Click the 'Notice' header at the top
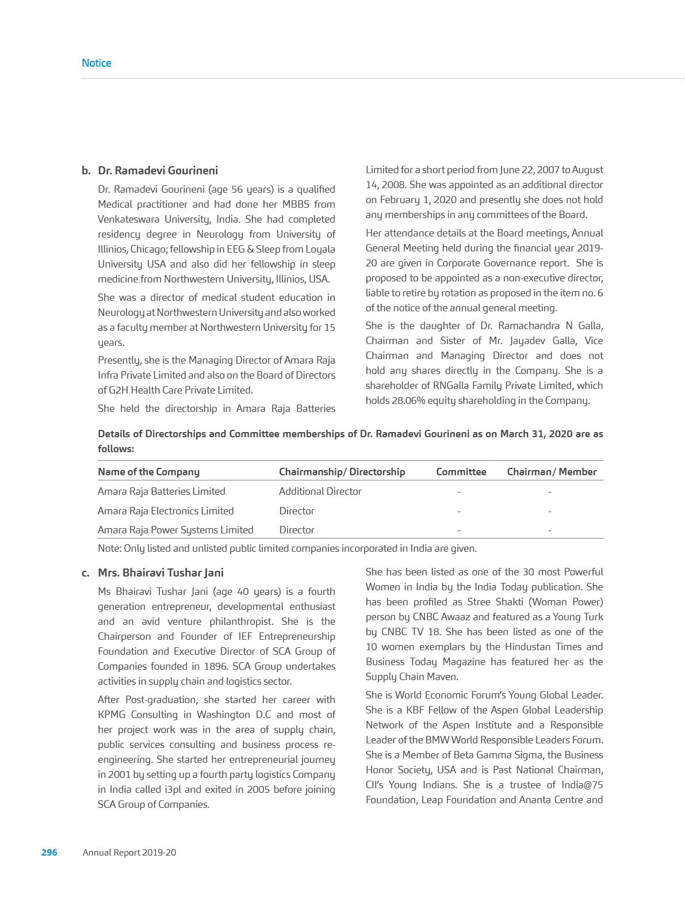pyautogui.click(x=97, y=63)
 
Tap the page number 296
pyautogui.click(x=49, y=852)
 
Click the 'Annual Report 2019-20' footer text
pyautogui.click(x=129, y=852)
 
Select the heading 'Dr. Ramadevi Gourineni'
pyautogui.click(x=158, y=171)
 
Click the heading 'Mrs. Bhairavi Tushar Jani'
pyautogui.click(x=160, y=572)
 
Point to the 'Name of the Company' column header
pyautogui.click(x=148, y=472)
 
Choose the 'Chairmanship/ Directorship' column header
pyautogui.click(x=342, y=472)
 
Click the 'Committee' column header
pyautogui.click(x=461, y=472)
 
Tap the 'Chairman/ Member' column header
pyautogui.click(x=552, y=472)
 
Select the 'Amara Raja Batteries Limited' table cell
pyautogui.click(x=161, y=491)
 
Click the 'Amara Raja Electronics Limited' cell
pyautogui.click(x=166, y=511)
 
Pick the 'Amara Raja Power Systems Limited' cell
pyautogui.click(x=175, y=530)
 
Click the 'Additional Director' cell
pyautogui.click(x=320, y=491)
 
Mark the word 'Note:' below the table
pyautogui.click(x=109, y=548)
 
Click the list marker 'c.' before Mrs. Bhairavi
pyautogui.click(x=85, y=572)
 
